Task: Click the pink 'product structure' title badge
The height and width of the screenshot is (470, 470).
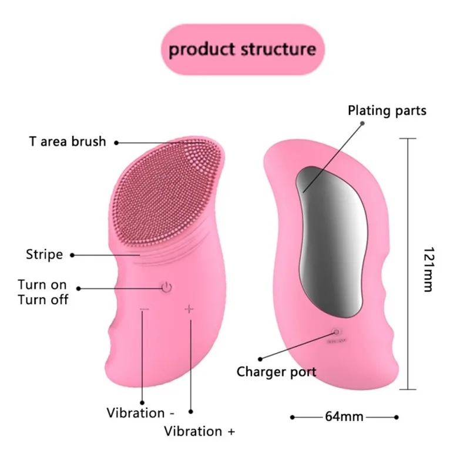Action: tap(243, 49)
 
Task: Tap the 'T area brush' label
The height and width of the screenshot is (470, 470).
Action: tap(68, 142)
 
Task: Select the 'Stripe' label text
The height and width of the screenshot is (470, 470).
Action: tap(45, 254)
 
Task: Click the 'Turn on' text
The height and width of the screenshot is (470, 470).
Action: tap(42, 285)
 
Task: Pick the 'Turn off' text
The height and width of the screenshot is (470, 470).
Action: tap(43, 300)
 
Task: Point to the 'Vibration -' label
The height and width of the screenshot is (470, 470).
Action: tap(140, 413)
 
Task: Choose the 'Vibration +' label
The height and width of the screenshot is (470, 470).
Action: tap(199, 432)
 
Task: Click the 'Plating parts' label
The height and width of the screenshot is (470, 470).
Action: tap(387, 110)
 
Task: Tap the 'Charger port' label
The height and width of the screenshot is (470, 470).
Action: tap(276, 372)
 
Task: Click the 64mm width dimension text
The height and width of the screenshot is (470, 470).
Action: tap(344, 417)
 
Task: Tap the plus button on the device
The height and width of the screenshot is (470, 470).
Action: tap(189, 309)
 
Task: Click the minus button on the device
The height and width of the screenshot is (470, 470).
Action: tap(145, 309)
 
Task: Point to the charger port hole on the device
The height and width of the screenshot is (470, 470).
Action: tap(336, 332)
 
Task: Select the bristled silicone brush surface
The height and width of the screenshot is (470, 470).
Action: tap(168, 192)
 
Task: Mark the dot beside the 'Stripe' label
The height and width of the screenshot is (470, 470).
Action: tap(72, 255)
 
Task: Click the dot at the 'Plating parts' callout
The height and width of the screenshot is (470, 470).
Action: tap(362, 123)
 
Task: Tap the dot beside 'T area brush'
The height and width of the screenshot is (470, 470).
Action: tap(116, 143)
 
